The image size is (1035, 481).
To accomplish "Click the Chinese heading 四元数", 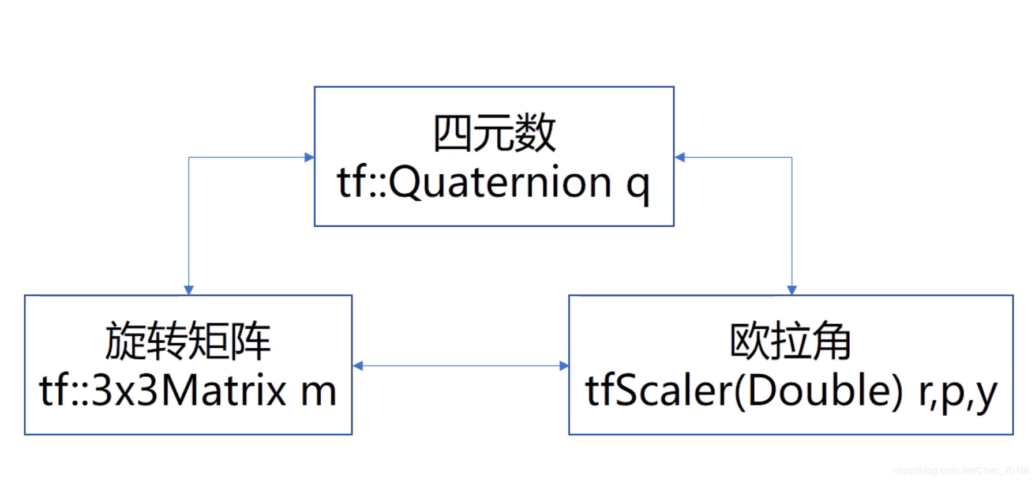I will [x=494, y=133].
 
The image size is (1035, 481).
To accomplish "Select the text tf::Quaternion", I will [x=474, y=182].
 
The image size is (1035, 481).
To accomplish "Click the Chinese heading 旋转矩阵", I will [x=188, y=341].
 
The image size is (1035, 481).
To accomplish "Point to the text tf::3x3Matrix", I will [x=163, y=391].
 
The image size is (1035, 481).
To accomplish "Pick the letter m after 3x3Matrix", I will [x=318, y=392].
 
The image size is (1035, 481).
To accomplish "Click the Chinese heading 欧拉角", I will [x=790, y=341].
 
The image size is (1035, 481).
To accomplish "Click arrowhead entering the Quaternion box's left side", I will [x=309, y=157].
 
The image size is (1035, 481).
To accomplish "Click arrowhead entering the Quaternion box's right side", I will [x=680, y=157].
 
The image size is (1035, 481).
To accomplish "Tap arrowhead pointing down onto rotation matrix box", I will [x=189, y=290].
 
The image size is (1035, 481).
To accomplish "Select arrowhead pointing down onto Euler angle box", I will [x=792, y=290].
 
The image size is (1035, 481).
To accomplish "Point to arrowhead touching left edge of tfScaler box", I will [x=564, y=366].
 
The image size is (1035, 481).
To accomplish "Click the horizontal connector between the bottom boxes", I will [x=460, y=366].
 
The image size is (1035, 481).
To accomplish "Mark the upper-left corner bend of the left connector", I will [x=189, y=157].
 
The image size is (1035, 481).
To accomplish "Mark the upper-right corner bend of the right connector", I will [x=792, y=157].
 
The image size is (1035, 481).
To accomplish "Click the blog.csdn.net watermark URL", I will [x=961, y=471].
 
